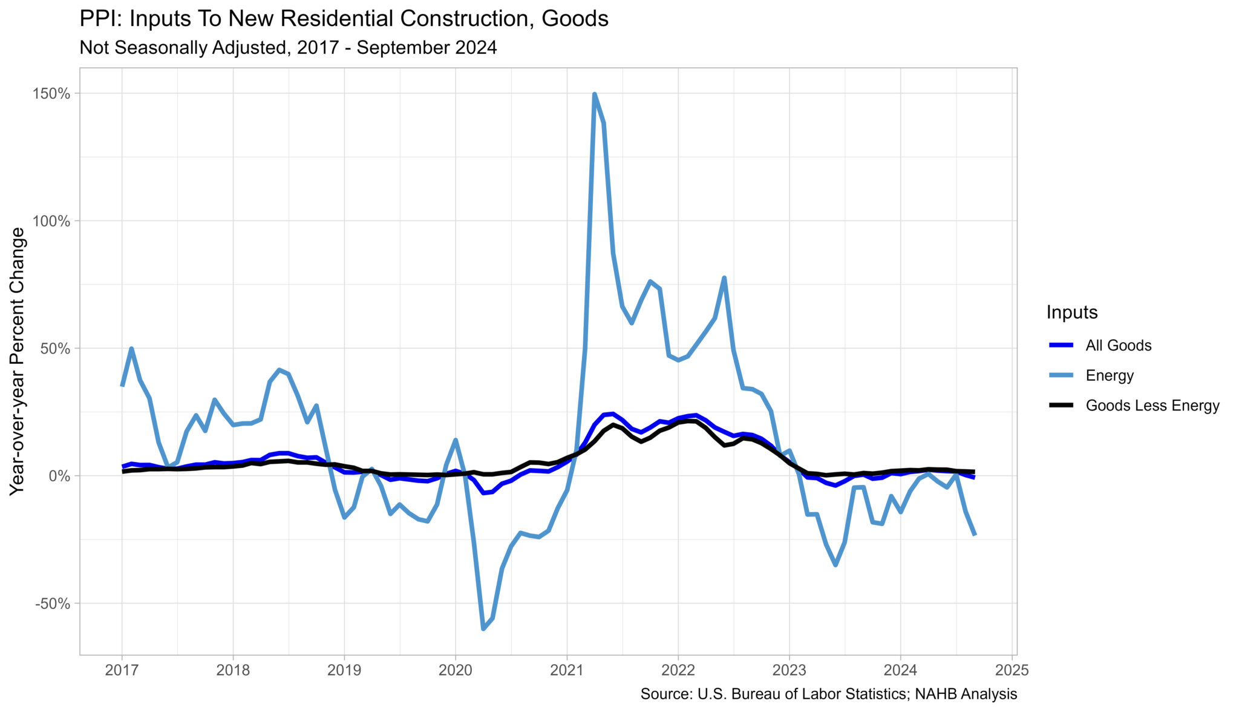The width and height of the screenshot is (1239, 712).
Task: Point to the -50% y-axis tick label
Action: [x=53, y=604]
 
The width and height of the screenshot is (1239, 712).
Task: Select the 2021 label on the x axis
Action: [x=566, y=670]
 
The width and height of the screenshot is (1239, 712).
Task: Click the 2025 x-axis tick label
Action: [x=1012, y=670]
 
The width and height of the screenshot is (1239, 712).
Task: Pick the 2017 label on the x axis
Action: [x=122, y=670]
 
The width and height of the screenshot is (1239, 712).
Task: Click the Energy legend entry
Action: [x=1109, y=375]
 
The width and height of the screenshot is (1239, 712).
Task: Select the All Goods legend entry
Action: [x=1118, y=346]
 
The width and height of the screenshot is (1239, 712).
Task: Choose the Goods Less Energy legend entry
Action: [x=1152, y=406]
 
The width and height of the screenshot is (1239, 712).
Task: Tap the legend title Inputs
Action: [x=1071, y=312]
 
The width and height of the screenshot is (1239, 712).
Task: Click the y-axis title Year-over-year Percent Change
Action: [x=18, y=361]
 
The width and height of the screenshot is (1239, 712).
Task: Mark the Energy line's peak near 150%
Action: [x=594, y=94]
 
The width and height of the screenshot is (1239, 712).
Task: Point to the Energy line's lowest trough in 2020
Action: [x=483, y=628]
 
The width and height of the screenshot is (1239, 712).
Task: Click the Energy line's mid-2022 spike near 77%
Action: [x=724, y=278]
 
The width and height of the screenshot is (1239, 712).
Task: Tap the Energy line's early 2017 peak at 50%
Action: [x=131, y=349]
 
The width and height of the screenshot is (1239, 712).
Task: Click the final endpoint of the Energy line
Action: [x=975, y=534]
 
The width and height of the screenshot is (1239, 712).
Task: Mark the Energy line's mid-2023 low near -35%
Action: [x=835, y=565]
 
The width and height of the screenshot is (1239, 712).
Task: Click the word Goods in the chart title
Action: [x=575, y=19]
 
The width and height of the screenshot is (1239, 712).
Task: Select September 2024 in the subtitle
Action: [x=427, y=47]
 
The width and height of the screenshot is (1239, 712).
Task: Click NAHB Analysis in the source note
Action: [x=966, y=694]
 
